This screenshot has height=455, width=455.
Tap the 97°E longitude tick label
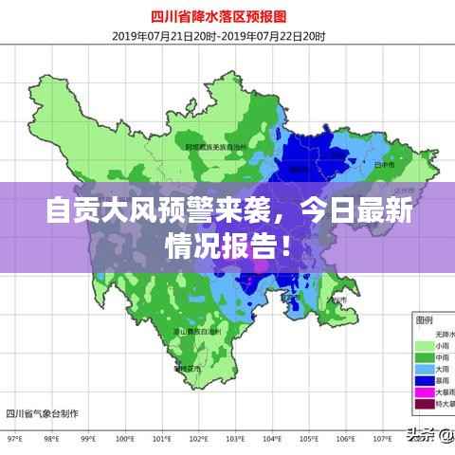tap(13, 440)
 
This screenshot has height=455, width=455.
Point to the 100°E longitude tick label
tap(125, 440)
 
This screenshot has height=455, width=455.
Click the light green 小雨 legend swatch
tap(424, 345)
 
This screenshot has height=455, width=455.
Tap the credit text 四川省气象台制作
tap(43, 413)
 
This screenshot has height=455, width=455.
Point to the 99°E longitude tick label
tap(88, 440)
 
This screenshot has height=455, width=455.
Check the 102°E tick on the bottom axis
tap(199, 440)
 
